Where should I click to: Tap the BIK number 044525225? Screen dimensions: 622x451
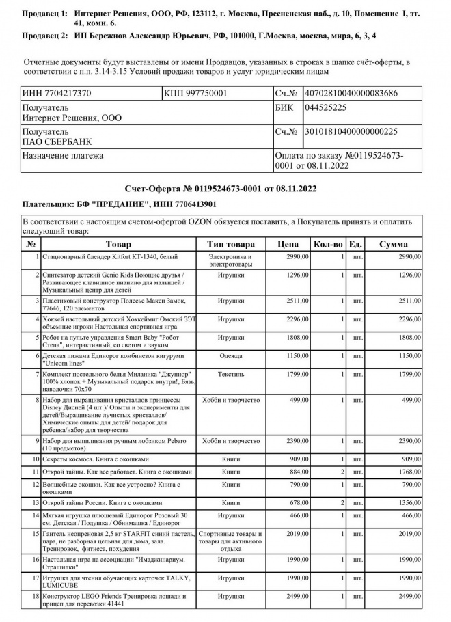(325, 108)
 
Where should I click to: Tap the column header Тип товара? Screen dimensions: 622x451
(231, 244)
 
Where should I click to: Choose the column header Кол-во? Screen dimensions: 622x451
(328, 244)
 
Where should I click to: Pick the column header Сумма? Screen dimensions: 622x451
(393, 244)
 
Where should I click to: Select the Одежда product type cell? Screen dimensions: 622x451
(231, 356)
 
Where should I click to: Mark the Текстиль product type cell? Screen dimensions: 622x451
(231, 375)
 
